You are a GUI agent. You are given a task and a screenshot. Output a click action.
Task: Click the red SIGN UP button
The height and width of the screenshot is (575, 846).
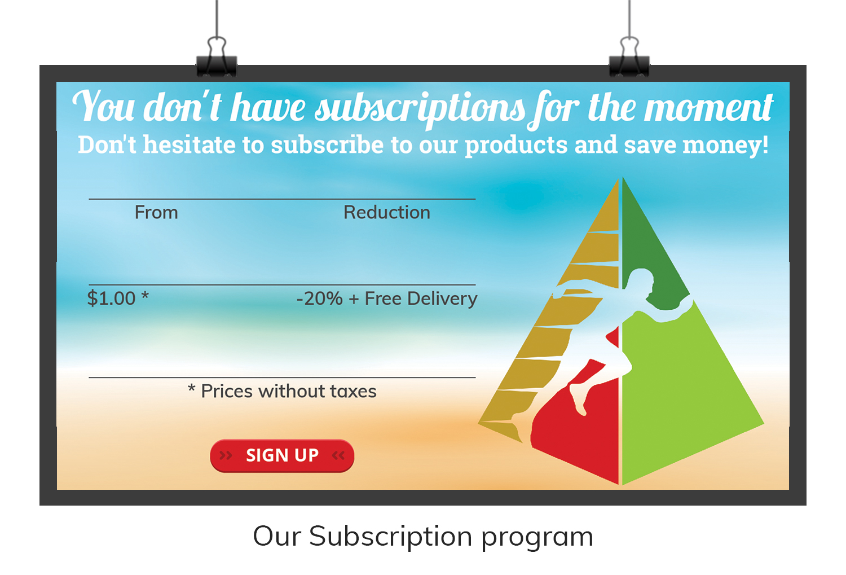click(282, 455)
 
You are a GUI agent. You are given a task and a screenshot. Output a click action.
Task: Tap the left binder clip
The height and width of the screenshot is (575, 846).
click(217, 57)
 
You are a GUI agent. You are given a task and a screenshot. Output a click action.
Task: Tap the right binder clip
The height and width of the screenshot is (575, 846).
click(629, 57)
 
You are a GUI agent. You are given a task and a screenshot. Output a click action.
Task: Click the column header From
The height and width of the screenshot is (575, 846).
click(156, 212)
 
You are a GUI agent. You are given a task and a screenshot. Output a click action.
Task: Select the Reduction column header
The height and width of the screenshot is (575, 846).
click(387, 212)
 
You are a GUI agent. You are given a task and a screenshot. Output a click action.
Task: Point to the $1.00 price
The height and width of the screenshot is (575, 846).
click(111, 299)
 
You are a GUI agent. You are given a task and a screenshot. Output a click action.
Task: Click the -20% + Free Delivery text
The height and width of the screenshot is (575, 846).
click(387, 299)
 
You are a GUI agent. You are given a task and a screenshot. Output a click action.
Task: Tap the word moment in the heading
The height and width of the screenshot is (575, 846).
click(709, 108)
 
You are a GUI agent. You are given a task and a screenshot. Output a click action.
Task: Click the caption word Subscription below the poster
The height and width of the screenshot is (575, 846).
click(390, 537)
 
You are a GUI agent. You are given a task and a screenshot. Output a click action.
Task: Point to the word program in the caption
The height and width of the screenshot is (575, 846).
click(537, 538)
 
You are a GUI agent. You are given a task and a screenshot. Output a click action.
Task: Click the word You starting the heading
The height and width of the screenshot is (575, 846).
click(103, 106)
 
